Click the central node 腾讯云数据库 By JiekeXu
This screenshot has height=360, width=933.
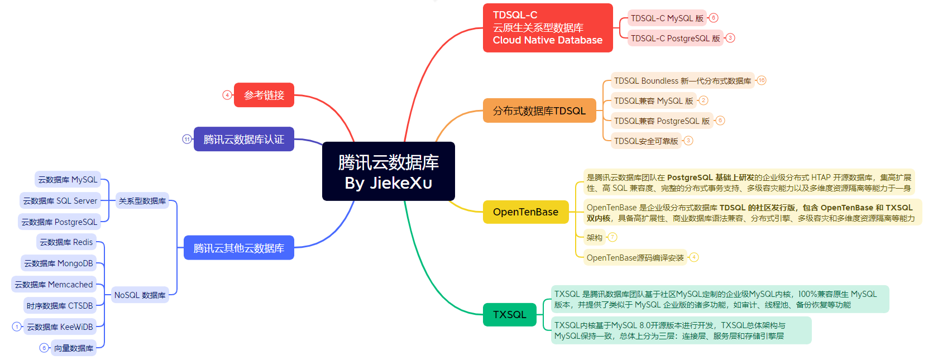(388, 171)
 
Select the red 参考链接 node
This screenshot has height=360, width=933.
(264, 95)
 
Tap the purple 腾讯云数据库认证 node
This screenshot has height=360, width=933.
(243, 139)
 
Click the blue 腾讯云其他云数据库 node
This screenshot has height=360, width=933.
(238, 248)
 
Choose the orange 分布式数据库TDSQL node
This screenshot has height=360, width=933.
(539, 111)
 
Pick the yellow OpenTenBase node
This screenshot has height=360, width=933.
(525, 212)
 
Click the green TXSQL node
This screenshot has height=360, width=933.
(509, 315)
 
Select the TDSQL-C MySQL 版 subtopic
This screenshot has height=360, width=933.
(667, 18)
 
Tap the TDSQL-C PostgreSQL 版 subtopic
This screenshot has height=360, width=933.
(675, 39)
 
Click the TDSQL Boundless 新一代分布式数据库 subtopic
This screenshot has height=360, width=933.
(682, 81)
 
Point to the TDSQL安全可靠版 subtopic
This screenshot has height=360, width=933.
(646, 141)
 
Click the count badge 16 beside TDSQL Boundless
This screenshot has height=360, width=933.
(762, 80)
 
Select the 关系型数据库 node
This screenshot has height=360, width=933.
(142, 201)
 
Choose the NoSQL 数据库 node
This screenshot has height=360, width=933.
(140, 295)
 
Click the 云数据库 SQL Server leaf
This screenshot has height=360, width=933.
(60, 201)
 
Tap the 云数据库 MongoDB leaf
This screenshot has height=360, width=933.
(58, 263)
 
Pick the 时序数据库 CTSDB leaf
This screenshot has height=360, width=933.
(59, 306)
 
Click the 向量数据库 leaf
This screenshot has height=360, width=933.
(73, 348)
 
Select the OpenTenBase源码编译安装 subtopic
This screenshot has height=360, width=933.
(635, 258)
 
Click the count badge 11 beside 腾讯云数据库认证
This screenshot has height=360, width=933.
(187, 139)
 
